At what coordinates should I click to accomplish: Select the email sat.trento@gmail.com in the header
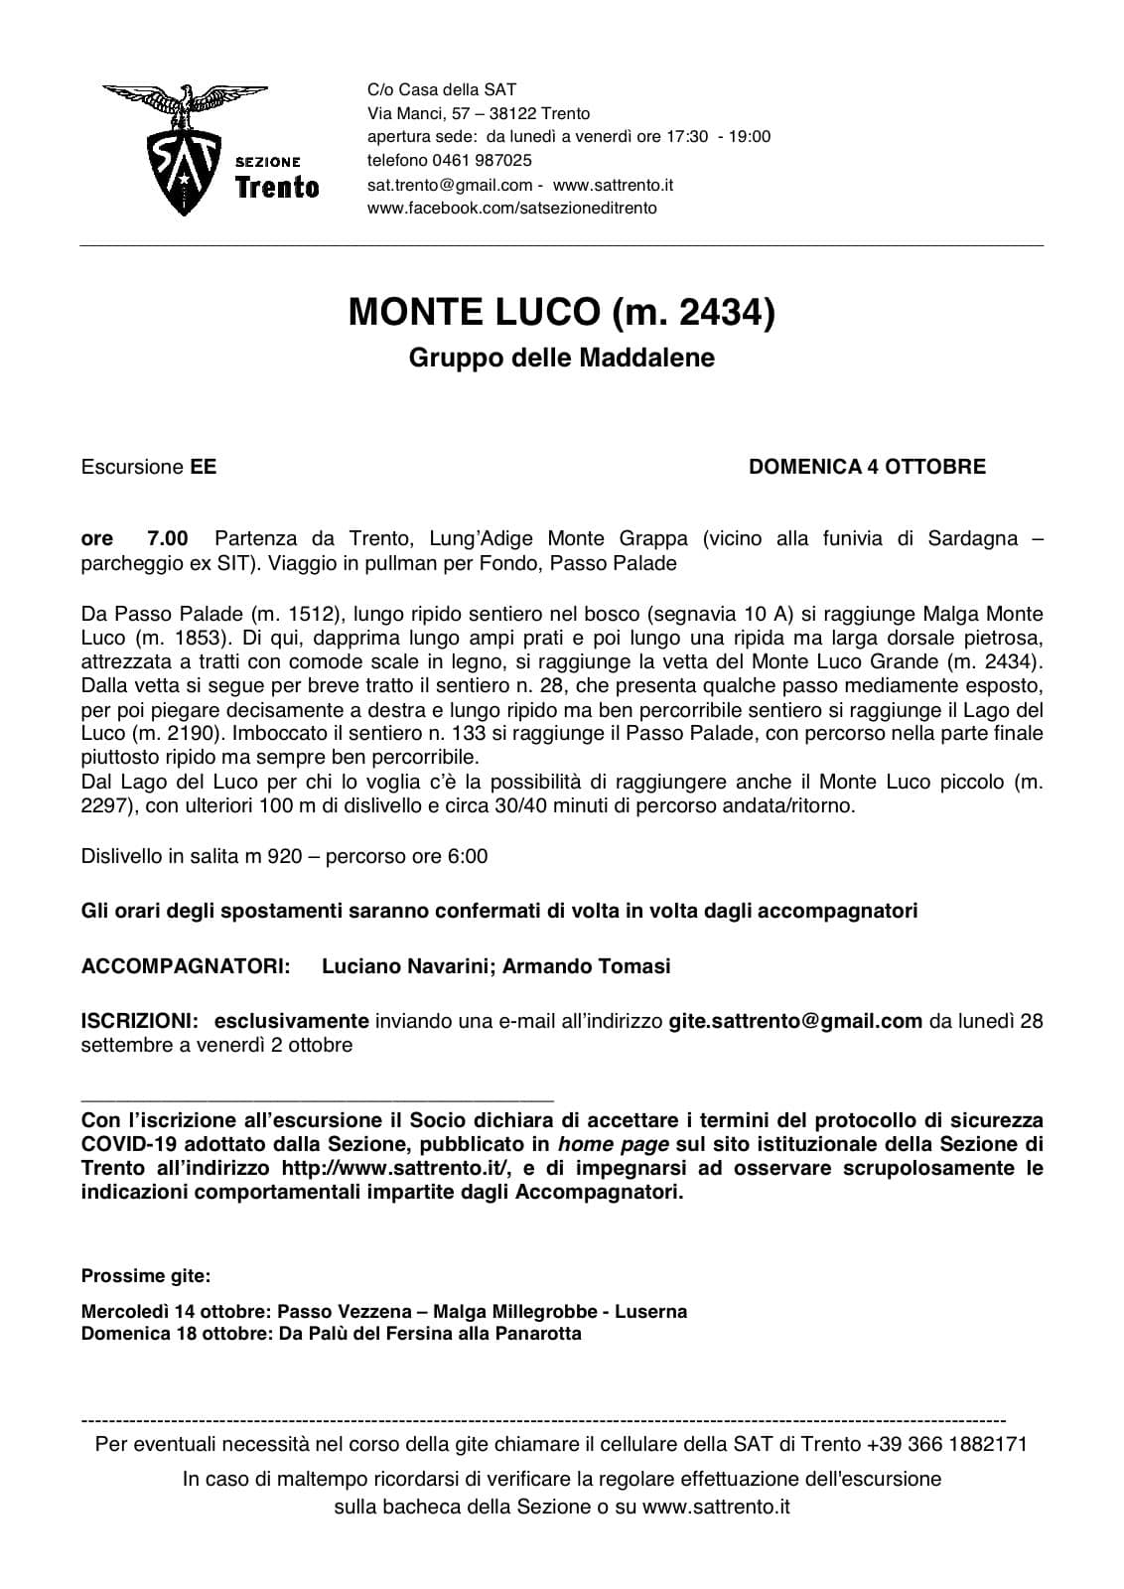click(x=450, y=185)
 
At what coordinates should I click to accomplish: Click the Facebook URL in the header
click(x=511, y=209)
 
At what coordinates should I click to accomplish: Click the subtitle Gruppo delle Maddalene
click(x=561, y=358)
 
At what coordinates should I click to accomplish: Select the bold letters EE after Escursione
click(x=203, y=467)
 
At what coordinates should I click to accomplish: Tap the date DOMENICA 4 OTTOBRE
click(x=867, y=467)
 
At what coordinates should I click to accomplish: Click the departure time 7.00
click(x=167, y=539)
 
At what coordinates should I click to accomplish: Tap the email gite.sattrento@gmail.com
click(x=795, y=1021)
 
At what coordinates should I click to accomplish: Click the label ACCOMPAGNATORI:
click(x=186, y=966)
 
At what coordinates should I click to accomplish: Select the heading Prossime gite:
click(x=145, y=1275)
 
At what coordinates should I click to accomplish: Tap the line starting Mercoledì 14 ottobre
click(x=383, y=1312)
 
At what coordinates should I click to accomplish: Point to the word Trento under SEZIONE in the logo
click(x=277, y=187)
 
